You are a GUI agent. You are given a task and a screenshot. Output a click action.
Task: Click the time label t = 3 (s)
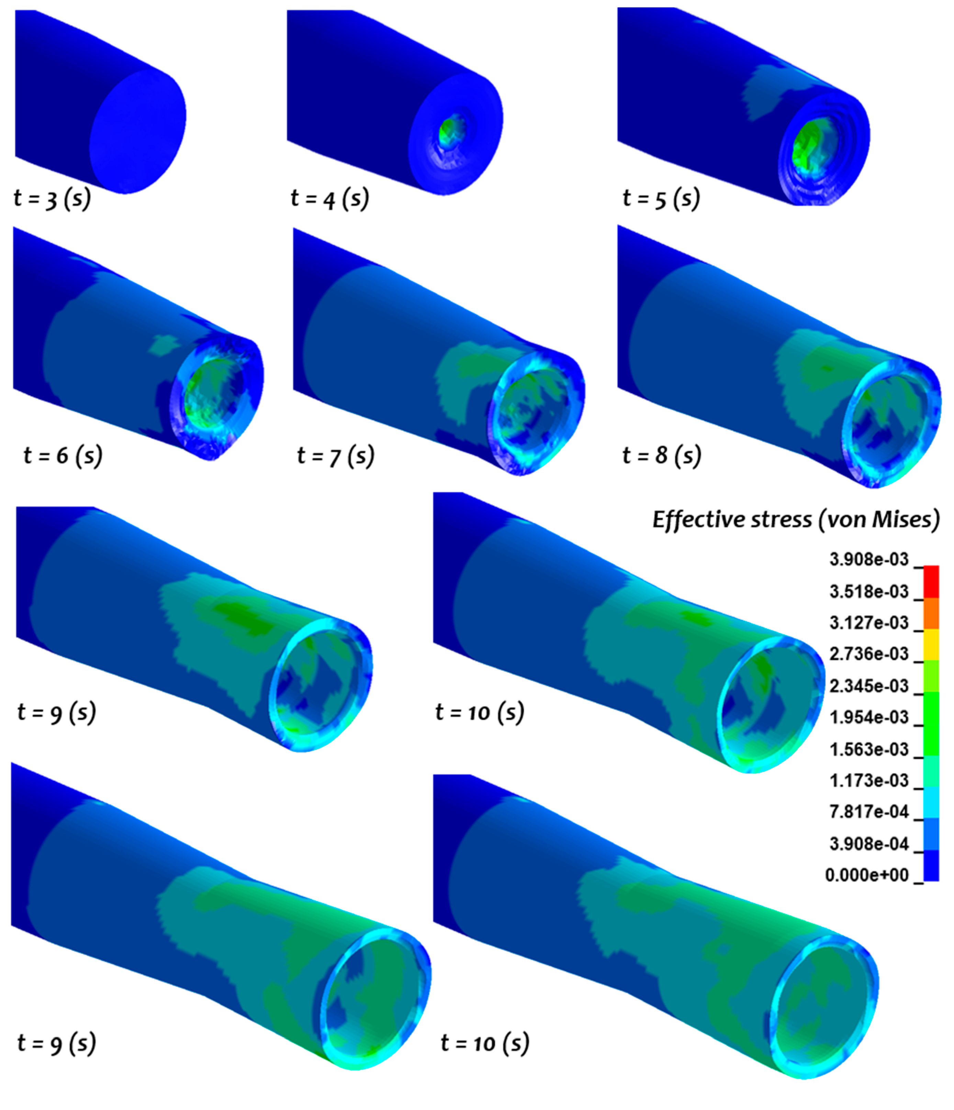click(x=52, y=198)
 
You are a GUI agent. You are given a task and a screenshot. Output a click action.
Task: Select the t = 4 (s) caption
click(x=329, y=198)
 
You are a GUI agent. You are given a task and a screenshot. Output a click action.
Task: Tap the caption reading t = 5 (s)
click(x=661, y=198)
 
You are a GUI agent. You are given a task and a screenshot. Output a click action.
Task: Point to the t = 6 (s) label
click(x=63, y=455)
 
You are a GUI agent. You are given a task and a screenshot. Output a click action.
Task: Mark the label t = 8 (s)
click(x=662, y=455)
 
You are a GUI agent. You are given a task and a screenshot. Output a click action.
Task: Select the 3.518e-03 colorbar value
click(x=868, y=591)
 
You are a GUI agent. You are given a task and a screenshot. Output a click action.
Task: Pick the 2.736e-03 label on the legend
click(x=868, y=654)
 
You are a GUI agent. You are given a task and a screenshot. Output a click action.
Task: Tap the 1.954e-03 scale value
click(x=868, y=717)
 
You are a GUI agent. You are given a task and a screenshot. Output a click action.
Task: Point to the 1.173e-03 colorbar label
click(x=868, y=780)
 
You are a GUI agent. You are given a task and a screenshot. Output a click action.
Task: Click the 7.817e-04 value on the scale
click(x=868, y=812)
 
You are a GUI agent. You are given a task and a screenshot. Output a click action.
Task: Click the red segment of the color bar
click(x=931, y=581)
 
